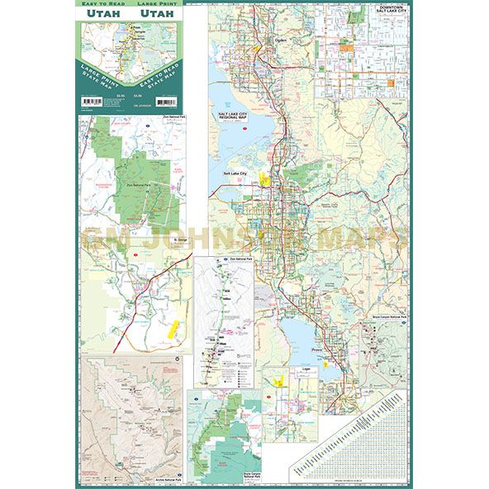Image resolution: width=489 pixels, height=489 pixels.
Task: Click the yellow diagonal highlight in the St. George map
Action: pyautogui.click(x=173, y=330)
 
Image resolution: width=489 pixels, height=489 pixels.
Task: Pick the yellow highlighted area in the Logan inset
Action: pyautogui.click(x=279, y=379)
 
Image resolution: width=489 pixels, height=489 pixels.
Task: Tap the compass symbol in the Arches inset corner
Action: pyautogui.click(x=178, y=361)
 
